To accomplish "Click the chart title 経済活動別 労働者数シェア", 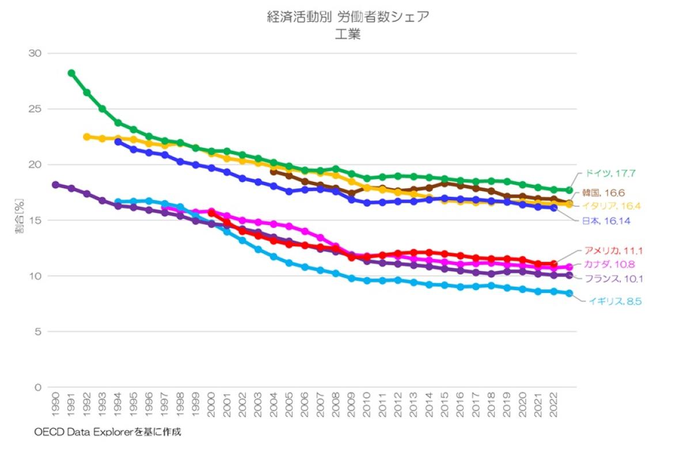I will point(348,17).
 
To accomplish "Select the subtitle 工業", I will point(348,35).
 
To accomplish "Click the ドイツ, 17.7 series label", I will point(612,173).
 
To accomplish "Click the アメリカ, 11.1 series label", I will point(613,250).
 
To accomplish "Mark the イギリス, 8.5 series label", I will point(615,300).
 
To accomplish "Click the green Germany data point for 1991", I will point(71,73).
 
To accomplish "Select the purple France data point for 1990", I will point(56,185).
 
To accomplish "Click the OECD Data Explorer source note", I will point(111,431).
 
